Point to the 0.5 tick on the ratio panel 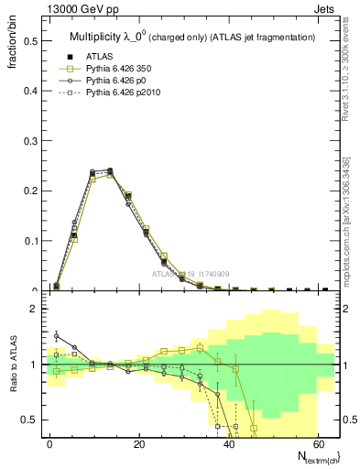[29, 420]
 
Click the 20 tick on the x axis [139, 443]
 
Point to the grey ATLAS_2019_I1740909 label [193, 274]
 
